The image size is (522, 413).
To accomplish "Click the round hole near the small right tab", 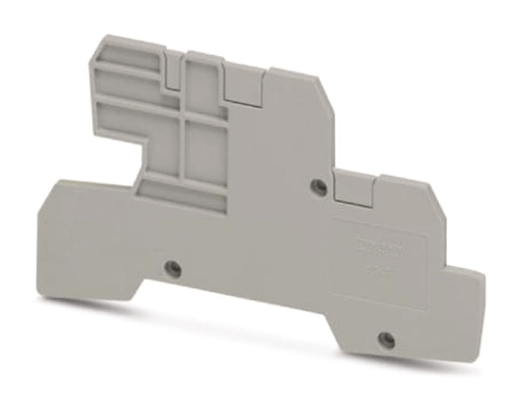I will (x=319, y=187).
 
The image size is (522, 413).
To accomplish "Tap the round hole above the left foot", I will (x=173, y=269).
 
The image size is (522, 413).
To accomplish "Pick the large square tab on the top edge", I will (x=244, y=85).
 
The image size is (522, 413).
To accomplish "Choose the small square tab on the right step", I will (x=355, y=188).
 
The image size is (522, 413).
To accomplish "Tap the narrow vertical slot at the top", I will (x=173, y=70).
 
